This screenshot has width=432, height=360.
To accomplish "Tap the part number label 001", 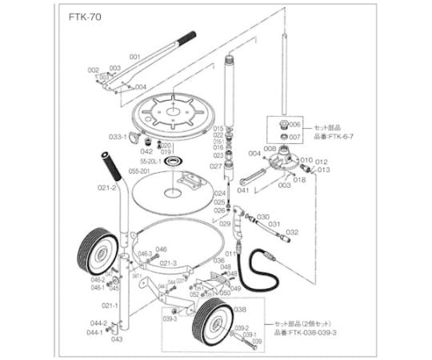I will point(134,57).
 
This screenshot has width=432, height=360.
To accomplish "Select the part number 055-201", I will point(140,170).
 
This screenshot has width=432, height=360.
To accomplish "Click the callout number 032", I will point(292,232).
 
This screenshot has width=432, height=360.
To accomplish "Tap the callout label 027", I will point(216,166).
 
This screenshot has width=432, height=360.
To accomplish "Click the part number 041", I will point(243,190).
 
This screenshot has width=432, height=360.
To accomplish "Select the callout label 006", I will point(294,125).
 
